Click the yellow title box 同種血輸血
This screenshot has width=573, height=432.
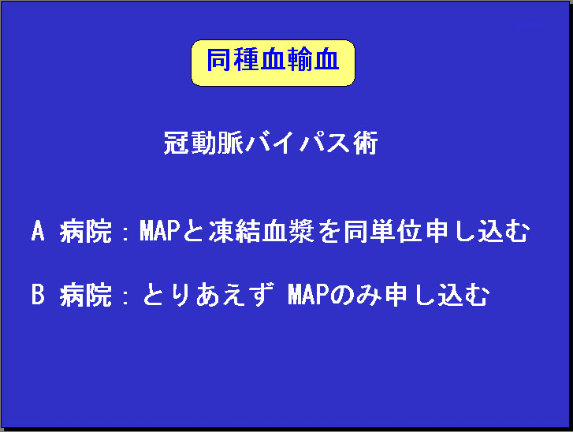click(273, 63)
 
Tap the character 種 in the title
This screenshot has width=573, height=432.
click(246, 60)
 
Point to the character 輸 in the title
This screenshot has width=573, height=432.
click(300, 60)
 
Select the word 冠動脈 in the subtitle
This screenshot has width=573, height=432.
click(203, 143)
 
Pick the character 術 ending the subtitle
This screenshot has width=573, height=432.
click(365, 143)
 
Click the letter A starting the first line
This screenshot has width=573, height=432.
click(38, 231)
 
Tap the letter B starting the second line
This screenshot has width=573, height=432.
click(38, 295)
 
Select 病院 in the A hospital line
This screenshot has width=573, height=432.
click(85, 231)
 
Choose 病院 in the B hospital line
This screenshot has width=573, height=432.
click(85, 295)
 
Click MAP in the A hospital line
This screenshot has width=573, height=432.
click(160, 231)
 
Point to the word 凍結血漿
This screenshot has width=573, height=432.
click(262, 231)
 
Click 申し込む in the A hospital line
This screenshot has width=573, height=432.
click(478, 231)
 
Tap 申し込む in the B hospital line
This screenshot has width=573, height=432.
click(437, 295)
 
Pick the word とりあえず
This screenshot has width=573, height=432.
click(207, 295)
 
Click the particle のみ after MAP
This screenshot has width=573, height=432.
click(356, 295)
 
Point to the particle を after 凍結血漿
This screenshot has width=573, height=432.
click(329, 231)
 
